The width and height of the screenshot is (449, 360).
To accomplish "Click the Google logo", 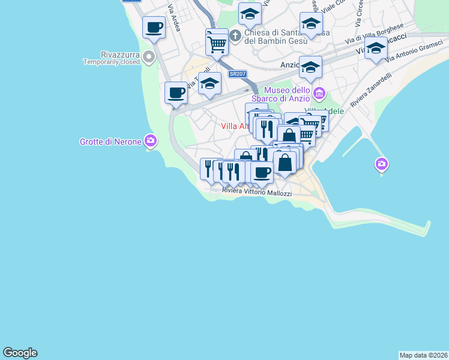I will [x=20, y=353].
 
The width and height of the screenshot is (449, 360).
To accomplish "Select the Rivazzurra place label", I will [x=112, y=54].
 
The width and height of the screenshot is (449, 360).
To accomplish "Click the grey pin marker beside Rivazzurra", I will [x=149, y=57].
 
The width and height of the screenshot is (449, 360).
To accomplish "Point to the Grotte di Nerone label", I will [x=110, y=142].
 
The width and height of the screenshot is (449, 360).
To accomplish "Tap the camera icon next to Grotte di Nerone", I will [x=150, y=142].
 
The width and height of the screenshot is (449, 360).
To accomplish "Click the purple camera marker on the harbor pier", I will [x=381, y=163].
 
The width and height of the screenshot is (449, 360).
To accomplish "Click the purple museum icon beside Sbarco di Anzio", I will [x=319, y=94].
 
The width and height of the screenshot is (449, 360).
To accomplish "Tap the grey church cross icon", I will [x=236, y=35].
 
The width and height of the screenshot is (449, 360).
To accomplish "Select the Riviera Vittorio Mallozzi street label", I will [x=256, y=192].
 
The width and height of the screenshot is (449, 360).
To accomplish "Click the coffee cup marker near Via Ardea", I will [x=154, y=27].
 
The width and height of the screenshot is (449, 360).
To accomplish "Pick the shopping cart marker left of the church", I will [x=217, y=42].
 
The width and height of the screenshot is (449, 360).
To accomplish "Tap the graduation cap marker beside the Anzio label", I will [x=310, y=67].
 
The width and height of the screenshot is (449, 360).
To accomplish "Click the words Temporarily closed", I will [x=112, y=62].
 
